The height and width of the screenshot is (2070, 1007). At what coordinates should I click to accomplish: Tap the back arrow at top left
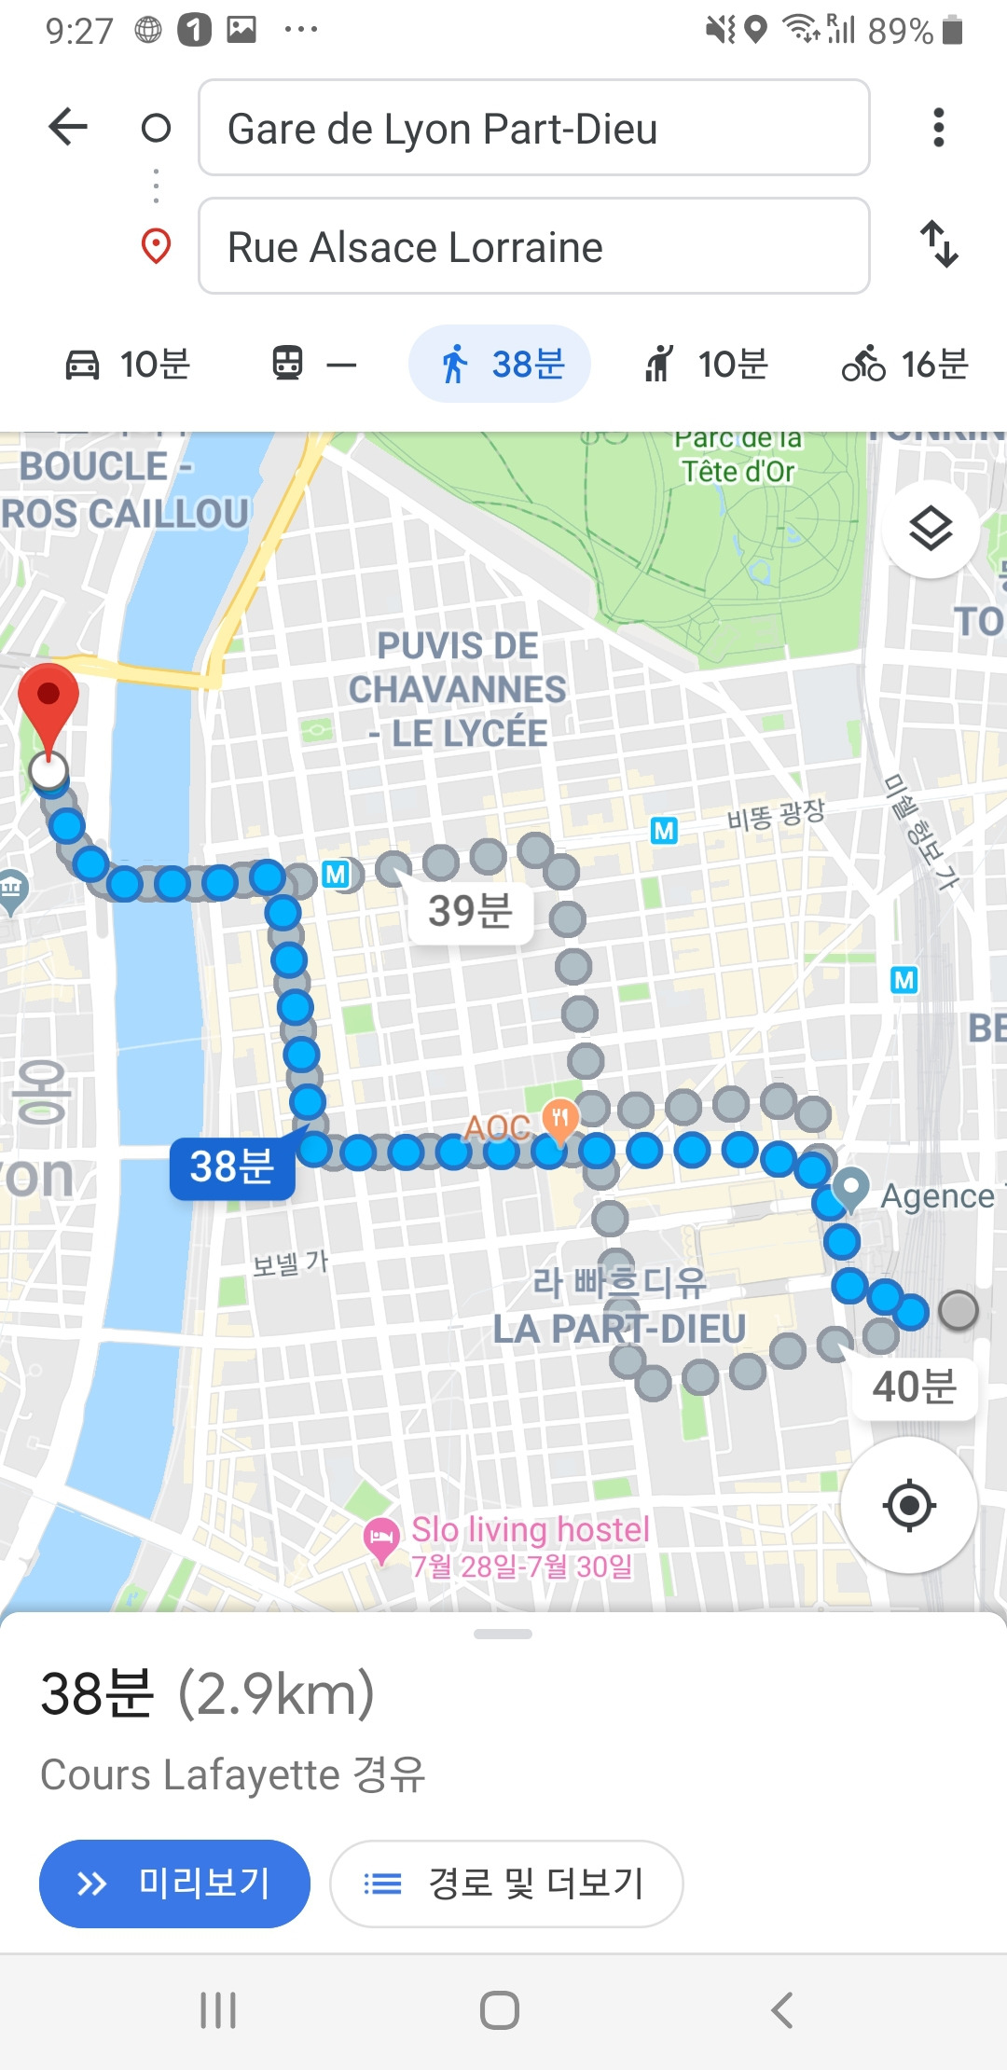click(68, 127)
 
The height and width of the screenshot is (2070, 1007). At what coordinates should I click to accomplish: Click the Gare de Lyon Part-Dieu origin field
click(533, 128)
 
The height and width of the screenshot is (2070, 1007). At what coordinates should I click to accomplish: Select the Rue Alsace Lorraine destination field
click(533, 246)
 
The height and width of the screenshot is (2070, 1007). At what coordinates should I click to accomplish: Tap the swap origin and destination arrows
click(939, 244)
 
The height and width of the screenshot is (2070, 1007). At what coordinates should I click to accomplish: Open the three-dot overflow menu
click(938, 128)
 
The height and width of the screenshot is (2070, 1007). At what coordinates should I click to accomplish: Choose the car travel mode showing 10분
click(128, 364)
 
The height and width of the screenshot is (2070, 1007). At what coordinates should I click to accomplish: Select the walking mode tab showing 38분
click(501, 364)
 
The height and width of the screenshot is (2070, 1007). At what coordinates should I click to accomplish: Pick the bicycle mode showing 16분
click(905, 364)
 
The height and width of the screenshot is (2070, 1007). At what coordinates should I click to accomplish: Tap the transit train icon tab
click(312, 364)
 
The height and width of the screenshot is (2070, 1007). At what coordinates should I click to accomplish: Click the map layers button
click(930, 530)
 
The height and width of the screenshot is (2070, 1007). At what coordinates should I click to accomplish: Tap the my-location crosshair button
click(909, 1505)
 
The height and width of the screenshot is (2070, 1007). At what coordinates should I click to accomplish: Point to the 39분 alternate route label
click(470, 911)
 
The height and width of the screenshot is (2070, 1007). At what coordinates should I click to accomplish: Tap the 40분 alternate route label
click(914, 1387)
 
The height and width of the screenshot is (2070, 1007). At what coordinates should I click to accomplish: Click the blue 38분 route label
click(232, 1166)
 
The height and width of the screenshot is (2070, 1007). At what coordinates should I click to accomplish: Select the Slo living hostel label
click(530, 1530)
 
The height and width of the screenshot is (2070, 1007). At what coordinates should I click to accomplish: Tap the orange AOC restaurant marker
click(559, 1117)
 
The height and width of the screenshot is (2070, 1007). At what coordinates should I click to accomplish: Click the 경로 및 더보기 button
click(506, 1884)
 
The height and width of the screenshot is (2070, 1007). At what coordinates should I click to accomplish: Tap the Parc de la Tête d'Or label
click(738, 457)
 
